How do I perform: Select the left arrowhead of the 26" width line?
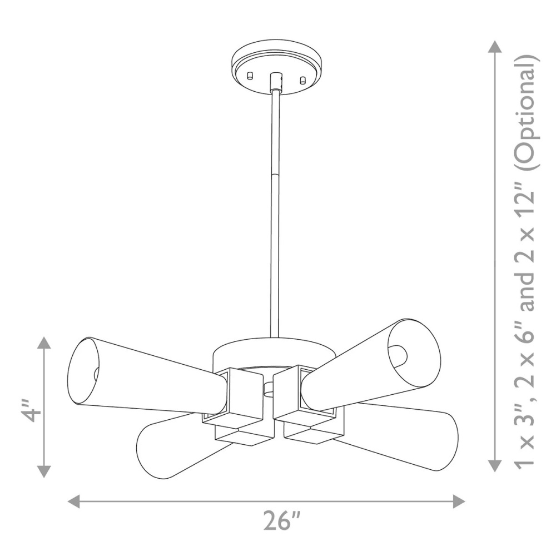coord(74,502)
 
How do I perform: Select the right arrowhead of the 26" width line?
coord(459,502)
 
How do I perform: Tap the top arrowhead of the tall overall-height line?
coord(495,47)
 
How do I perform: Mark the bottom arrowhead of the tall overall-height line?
coord(495,465)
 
